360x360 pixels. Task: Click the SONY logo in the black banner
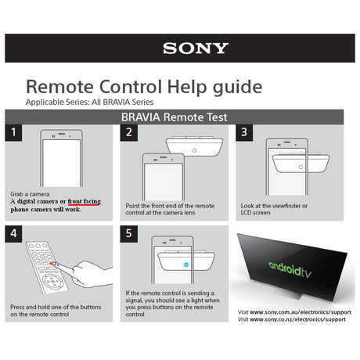point(196,49)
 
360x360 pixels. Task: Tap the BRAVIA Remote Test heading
point(175,117)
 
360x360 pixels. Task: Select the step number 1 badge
point(13,132)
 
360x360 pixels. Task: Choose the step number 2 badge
point(129,132)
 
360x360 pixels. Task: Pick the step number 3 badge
point(244,132)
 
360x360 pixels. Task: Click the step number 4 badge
point(13,234)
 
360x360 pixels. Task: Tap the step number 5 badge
point(129,234)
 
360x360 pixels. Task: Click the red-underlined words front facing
point(85,201)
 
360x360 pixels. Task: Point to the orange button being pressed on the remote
point(52,264)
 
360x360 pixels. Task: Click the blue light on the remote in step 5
point(186,265)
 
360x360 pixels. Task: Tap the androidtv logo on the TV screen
point(290,269)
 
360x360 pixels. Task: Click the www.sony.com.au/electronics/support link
point(301,312)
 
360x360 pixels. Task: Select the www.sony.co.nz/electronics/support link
point(297,319)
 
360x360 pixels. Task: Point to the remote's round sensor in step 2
point(194,151)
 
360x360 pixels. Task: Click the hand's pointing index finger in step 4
point(64,268)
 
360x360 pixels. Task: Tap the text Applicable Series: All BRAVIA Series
point(89,102)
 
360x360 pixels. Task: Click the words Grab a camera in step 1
point(30,194)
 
